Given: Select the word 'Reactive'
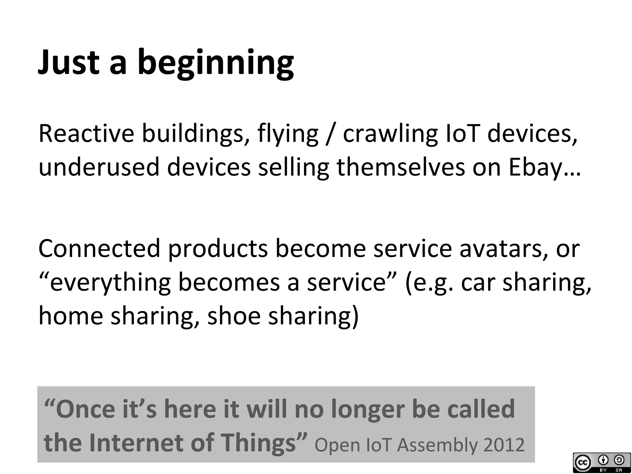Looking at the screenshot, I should click(x=86, y=134).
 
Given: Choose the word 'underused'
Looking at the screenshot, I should click(x=99, y=167).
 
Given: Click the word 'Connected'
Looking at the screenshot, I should click(x=99, y=248).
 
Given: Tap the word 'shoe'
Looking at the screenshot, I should click(x=234, y=316).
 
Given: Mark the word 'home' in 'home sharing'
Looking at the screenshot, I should click(x=71, y=316).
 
